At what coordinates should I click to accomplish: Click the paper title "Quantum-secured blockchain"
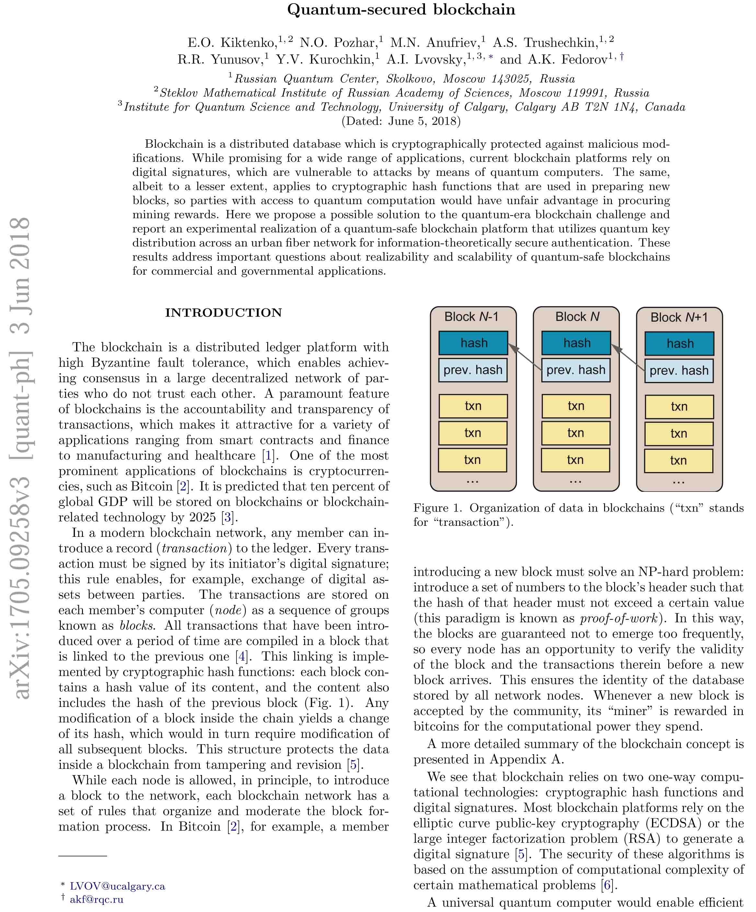coord(401,9)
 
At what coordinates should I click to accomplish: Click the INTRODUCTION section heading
coord(223,312)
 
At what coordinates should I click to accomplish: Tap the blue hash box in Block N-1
coord(473,343)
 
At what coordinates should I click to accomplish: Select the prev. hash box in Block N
coord(576,370)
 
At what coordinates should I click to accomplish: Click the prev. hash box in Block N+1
coord(679,370)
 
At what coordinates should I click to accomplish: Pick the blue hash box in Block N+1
coord(679,343)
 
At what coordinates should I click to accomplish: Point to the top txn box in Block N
coord(576,406)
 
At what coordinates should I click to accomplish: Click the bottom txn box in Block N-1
coord(473,460)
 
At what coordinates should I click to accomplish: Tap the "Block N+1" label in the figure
coord(679,317)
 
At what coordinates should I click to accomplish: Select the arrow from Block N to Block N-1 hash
coord(524,357)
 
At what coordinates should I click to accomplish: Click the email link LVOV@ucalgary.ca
coord(117,886)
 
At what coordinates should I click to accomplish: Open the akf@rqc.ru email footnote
coord(97,899)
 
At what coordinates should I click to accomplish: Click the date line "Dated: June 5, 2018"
coord(401,121)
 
